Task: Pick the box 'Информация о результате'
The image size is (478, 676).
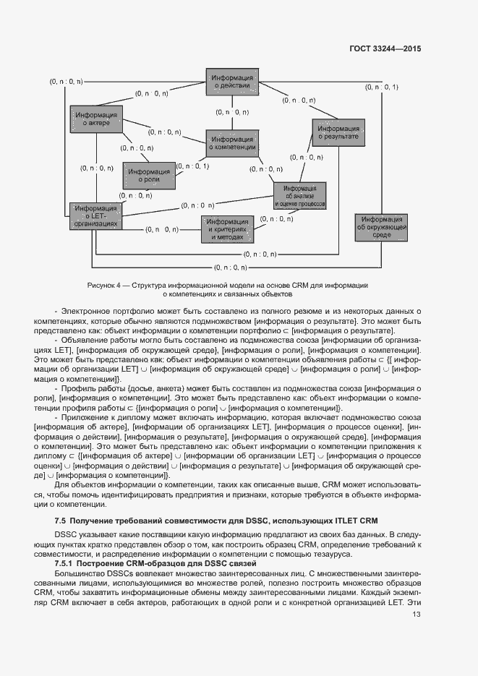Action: [x=338, y=132]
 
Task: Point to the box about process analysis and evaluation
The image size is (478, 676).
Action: [x=300, y=196]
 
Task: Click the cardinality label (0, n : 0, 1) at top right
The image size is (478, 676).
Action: [x=381, y=87]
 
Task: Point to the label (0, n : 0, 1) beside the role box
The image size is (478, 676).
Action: [x=192, y=167]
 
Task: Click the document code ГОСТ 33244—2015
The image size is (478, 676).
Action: [x=385, y=48]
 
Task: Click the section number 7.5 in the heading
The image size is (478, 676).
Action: [x=61, y=521]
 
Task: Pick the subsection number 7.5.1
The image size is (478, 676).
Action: [x=65, y=562]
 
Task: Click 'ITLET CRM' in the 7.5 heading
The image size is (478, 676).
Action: [x=354, y=521]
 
